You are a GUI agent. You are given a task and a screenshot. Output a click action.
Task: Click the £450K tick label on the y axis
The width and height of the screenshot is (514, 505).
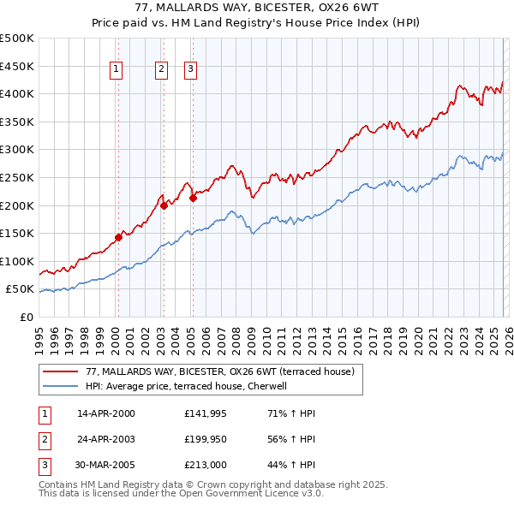coord(17,66)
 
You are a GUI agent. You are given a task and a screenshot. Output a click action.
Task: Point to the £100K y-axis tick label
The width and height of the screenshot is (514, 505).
coord(17,261)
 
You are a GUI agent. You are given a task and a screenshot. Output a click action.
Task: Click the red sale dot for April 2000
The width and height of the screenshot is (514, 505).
coord(119,237)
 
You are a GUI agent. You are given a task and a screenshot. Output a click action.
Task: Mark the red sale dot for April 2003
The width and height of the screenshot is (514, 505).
coord(164,205)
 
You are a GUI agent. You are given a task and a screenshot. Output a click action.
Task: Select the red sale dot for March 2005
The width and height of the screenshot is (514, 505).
coord(193,199)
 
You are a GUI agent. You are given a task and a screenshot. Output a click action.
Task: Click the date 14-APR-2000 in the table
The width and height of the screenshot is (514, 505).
coord(106,413)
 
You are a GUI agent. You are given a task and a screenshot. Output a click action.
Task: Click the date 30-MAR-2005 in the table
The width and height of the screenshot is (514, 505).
coord(106,465)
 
